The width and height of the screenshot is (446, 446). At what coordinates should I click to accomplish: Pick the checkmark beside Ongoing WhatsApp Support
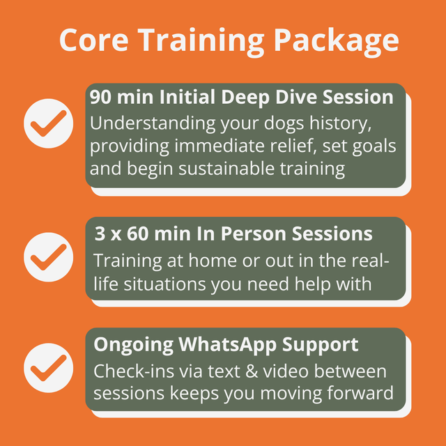click(48, 367)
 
